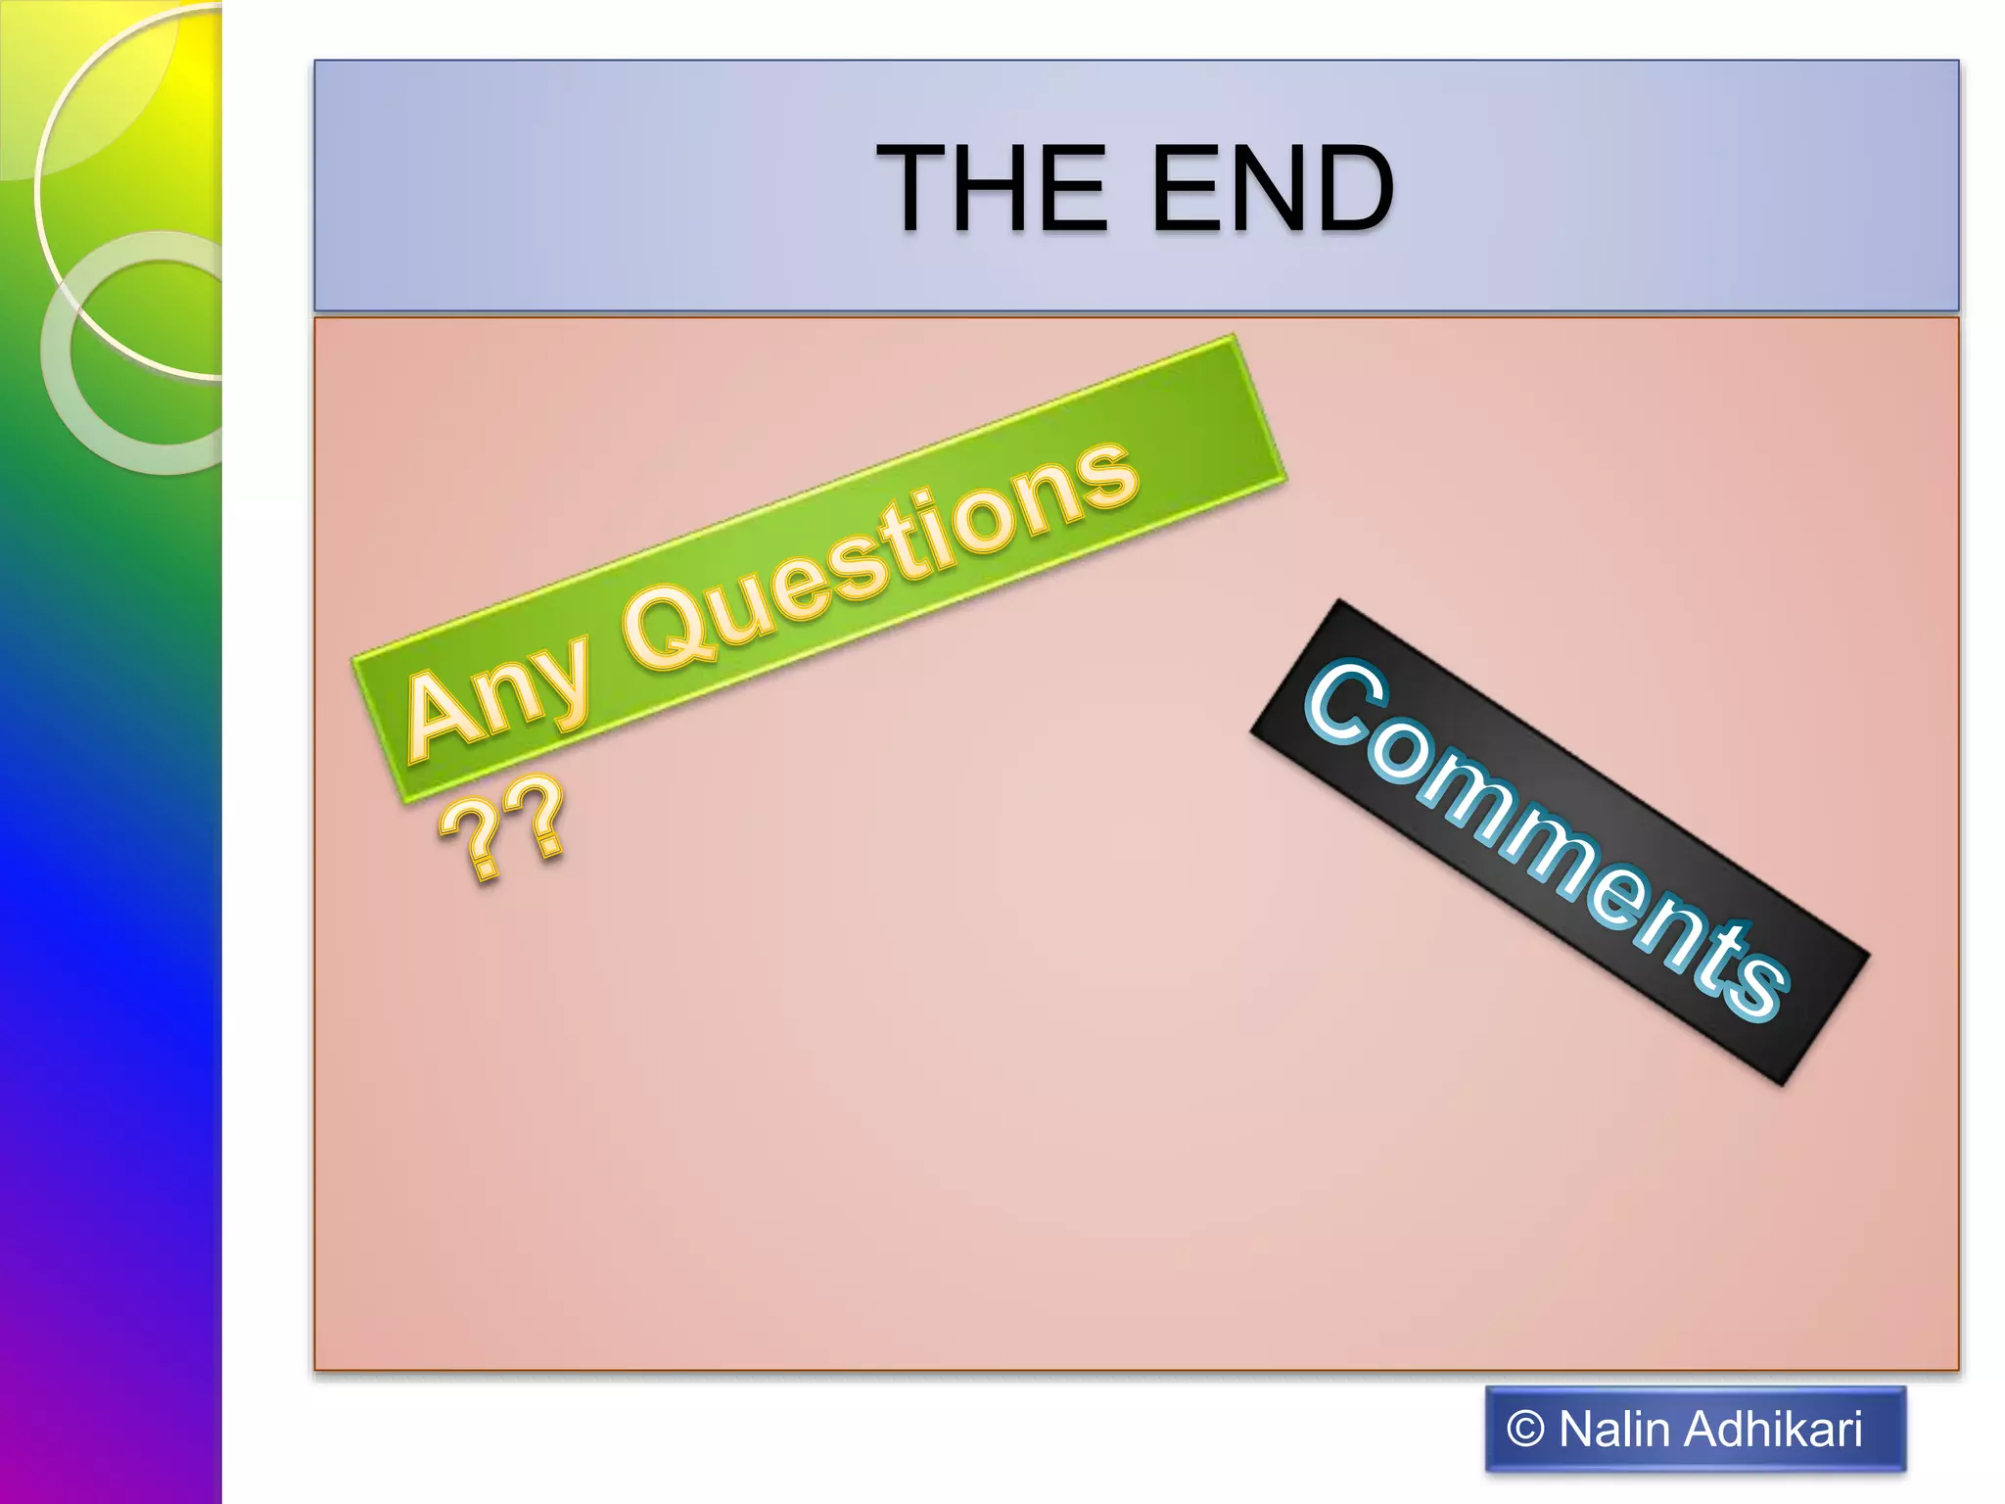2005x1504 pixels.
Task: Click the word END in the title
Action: [1273, 188]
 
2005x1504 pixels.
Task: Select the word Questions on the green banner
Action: [881, 558]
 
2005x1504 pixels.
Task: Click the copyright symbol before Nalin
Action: [1525, 1430]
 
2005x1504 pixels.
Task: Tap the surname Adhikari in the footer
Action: [1774, 1430]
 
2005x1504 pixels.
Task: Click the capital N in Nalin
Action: [1578, 1430]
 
